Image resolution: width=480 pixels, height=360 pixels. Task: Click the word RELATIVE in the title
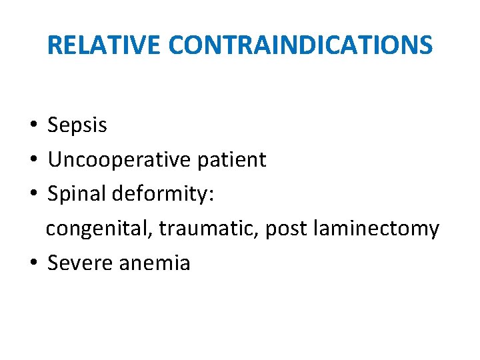click(x=105, y=45)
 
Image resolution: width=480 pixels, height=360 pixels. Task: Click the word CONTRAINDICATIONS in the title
click(x=301, y=45)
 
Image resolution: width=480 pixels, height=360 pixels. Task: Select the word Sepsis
click(x=77, y=125)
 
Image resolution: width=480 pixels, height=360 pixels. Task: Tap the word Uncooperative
click(x=118, y=160)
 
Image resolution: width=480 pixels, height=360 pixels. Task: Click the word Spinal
click(x=75, y=195)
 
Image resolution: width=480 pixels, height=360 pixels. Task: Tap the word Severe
click(x=80, y=263)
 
